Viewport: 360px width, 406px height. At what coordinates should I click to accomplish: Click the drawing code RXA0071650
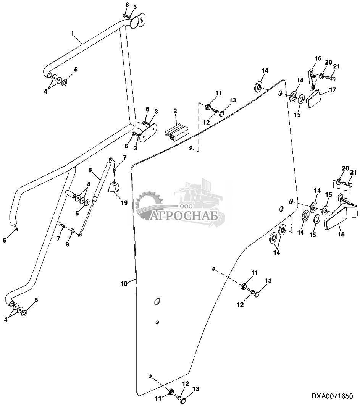(332, 396)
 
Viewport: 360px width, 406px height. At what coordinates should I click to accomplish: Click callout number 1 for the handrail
(73, 33)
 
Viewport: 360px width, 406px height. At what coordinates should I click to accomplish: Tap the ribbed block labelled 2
(177, 133)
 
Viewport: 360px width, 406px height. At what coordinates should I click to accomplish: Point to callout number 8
(90, 170)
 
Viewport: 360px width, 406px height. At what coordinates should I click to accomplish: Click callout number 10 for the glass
(124, 284)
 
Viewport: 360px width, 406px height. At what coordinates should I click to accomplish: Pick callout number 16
(318, 58)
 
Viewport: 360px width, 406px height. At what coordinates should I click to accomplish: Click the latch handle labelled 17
(313, 99)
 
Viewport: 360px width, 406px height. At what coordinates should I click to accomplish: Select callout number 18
(341, 234)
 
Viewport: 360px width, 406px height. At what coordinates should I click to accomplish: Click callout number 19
(124, 202)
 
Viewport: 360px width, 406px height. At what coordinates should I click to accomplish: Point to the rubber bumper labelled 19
(115, 187)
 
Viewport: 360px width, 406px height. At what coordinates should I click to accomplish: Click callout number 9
(67, 244)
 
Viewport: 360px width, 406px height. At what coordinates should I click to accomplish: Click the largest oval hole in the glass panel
(157, 301)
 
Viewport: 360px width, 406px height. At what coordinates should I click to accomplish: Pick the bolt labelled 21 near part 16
(330, 77)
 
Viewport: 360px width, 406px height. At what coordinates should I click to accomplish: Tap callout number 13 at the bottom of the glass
(196, 389)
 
